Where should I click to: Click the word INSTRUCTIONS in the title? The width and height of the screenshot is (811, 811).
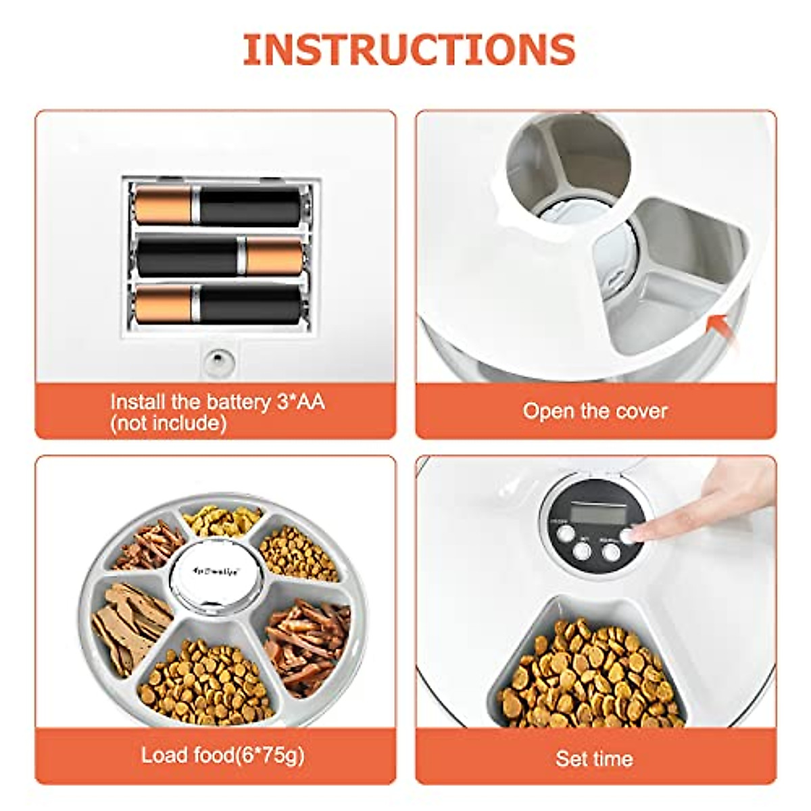(x=408, y=49)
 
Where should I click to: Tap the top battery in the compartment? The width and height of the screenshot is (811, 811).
(x=218, y=206)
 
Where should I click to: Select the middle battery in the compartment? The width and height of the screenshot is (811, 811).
(x=220, y=257)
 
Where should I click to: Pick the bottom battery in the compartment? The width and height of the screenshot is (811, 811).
(x=218, y=303)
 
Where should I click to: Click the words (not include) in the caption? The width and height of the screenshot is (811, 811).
(x=168, y=424)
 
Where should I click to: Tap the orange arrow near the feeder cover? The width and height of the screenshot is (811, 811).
(x=720, y=330)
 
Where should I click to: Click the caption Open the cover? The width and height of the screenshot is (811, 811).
(x=595, y=411)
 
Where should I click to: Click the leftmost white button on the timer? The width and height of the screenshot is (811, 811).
(x=561, y=534)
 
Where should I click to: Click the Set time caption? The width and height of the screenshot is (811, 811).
(x=594, y=758)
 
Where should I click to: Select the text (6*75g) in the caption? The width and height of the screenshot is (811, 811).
(x=269, y=755)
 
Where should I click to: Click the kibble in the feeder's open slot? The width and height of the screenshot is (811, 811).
(x=588, y=669)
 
